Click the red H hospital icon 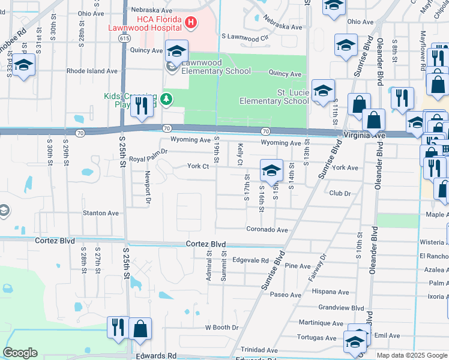(191, 23)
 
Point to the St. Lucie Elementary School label (275, 97)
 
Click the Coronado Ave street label (267, 229)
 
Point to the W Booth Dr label (221, 328)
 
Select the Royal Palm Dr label (148, 160)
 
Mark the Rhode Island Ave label (92, 71)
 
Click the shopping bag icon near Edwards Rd (140, 329)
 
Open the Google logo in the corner (20, 353)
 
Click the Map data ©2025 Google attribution (411, 355)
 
